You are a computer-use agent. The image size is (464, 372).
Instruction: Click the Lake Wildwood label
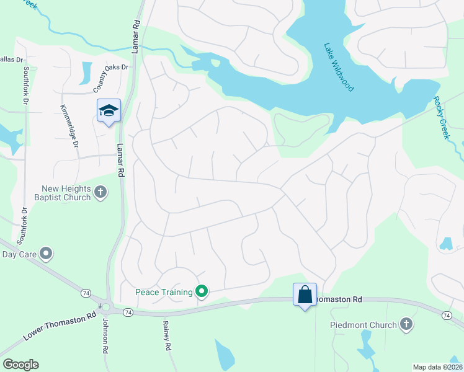tap(339, 67)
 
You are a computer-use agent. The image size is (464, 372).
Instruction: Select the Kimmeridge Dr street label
tap(69, 126)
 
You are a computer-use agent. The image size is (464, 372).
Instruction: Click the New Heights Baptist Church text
tap(66, 193)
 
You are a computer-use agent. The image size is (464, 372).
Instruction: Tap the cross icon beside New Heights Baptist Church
tap(100, 194)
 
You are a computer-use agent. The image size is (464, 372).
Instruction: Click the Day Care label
tap(18, 254)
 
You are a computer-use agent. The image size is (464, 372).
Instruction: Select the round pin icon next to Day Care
tap(45, 254)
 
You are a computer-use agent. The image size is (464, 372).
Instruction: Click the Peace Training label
tap(164, 291)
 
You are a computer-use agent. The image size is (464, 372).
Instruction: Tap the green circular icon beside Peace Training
tap(201, 290)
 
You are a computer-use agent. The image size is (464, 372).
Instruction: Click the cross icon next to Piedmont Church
tap(406, 324)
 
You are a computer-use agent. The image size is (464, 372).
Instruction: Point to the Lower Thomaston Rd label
tap(60, 325)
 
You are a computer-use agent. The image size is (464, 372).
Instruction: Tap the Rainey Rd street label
tap(166, 335)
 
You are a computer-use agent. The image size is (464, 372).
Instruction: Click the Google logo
tap(20, 365)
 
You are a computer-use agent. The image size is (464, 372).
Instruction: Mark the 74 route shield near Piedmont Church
tap(447, 316)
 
